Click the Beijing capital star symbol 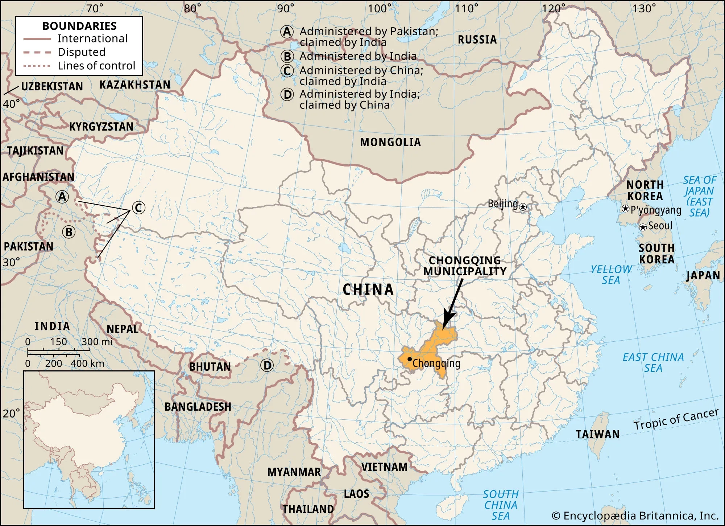[x=523, y=207]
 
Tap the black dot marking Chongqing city [x=410, y=359]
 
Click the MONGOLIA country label [x=390, y=142]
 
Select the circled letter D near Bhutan [x=267, y=365]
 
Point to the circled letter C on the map [x=138, y=208]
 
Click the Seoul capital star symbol [x=643, y=227]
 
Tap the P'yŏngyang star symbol [x=625, y=209]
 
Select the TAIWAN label [x=598, y=434]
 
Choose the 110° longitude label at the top [x=467, y=8]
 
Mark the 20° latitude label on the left [x=11, y=413]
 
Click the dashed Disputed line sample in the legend [x=37, y=52]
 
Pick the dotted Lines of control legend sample [x=37, y=66]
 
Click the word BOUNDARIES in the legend [x=79, y=26]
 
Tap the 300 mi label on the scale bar [x=97, y=342]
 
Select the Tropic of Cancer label [x=676, y=420]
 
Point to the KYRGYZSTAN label [x=101, y=127]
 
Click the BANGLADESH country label [x=198, y=407]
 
